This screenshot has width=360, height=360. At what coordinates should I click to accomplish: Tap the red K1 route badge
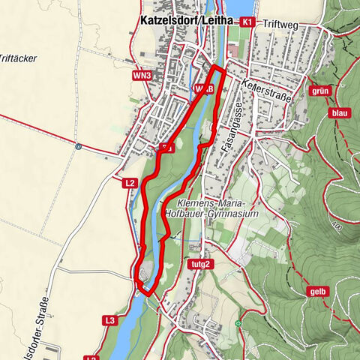pos(247,22)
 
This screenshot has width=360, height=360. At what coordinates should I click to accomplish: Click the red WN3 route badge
pos(141,75)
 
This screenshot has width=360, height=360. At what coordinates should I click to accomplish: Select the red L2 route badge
pos(129,181)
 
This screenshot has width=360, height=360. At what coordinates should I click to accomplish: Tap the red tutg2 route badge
pos(196,264)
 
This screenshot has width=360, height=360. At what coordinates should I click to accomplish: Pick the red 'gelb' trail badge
pos(318,292)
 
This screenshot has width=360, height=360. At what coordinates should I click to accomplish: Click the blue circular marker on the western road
pos(78,147)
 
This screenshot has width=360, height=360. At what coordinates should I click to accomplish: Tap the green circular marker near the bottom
pos(238,323)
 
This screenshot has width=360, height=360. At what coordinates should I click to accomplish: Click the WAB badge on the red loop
pos(204,88)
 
